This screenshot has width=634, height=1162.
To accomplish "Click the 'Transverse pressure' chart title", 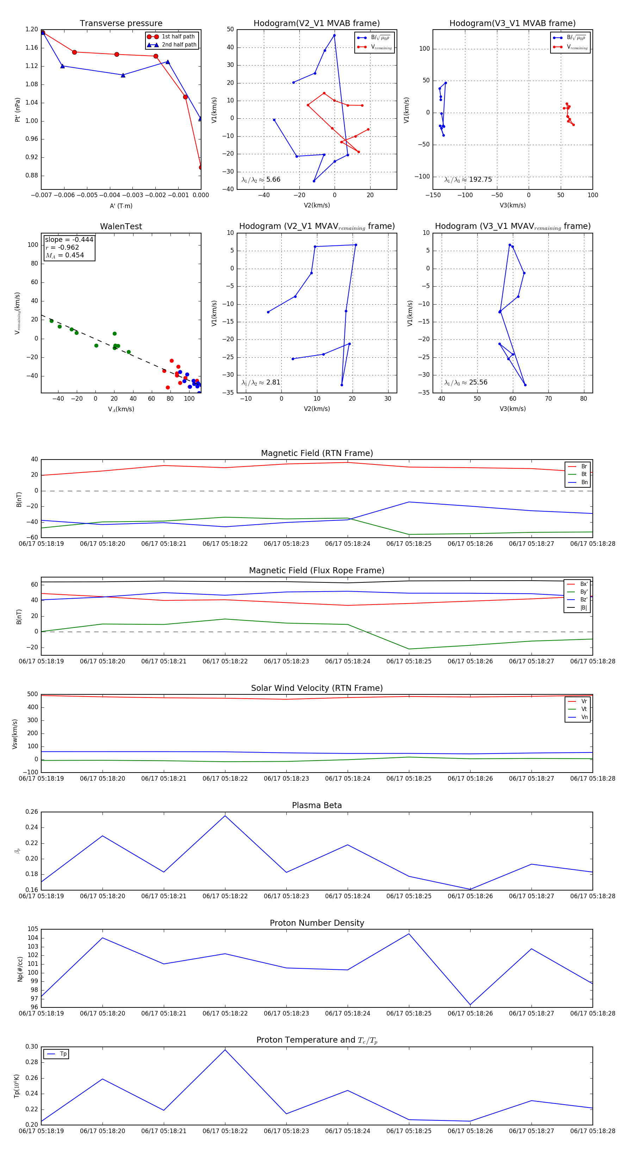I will pos(121,24).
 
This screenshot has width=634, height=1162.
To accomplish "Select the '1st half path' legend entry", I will pos(178,37).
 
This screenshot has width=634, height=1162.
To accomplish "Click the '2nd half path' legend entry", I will pos(179,45).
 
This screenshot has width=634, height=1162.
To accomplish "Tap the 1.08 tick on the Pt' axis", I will pos(32,85).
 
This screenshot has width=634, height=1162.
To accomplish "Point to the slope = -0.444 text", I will pos(69,239).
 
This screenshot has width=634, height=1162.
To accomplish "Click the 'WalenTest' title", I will pos(121,226).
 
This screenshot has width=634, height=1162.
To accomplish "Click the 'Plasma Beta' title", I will pos(317,805).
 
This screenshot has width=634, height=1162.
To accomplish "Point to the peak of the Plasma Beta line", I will pos(225,816).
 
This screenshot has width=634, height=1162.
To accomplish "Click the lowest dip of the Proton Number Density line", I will pos(470,1005).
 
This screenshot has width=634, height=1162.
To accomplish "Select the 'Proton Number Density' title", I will pos(317,923).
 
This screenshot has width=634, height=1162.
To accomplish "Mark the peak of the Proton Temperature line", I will pos(225,1050).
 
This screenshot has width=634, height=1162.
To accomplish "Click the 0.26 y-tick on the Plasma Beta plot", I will pos(32,812).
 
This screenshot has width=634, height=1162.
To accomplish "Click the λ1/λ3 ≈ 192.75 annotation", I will pos(468,180).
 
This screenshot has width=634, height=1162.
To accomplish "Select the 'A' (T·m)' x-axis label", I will pos(121,206).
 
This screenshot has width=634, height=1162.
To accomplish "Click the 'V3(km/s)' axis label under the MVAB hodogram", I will pos(512,205).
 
